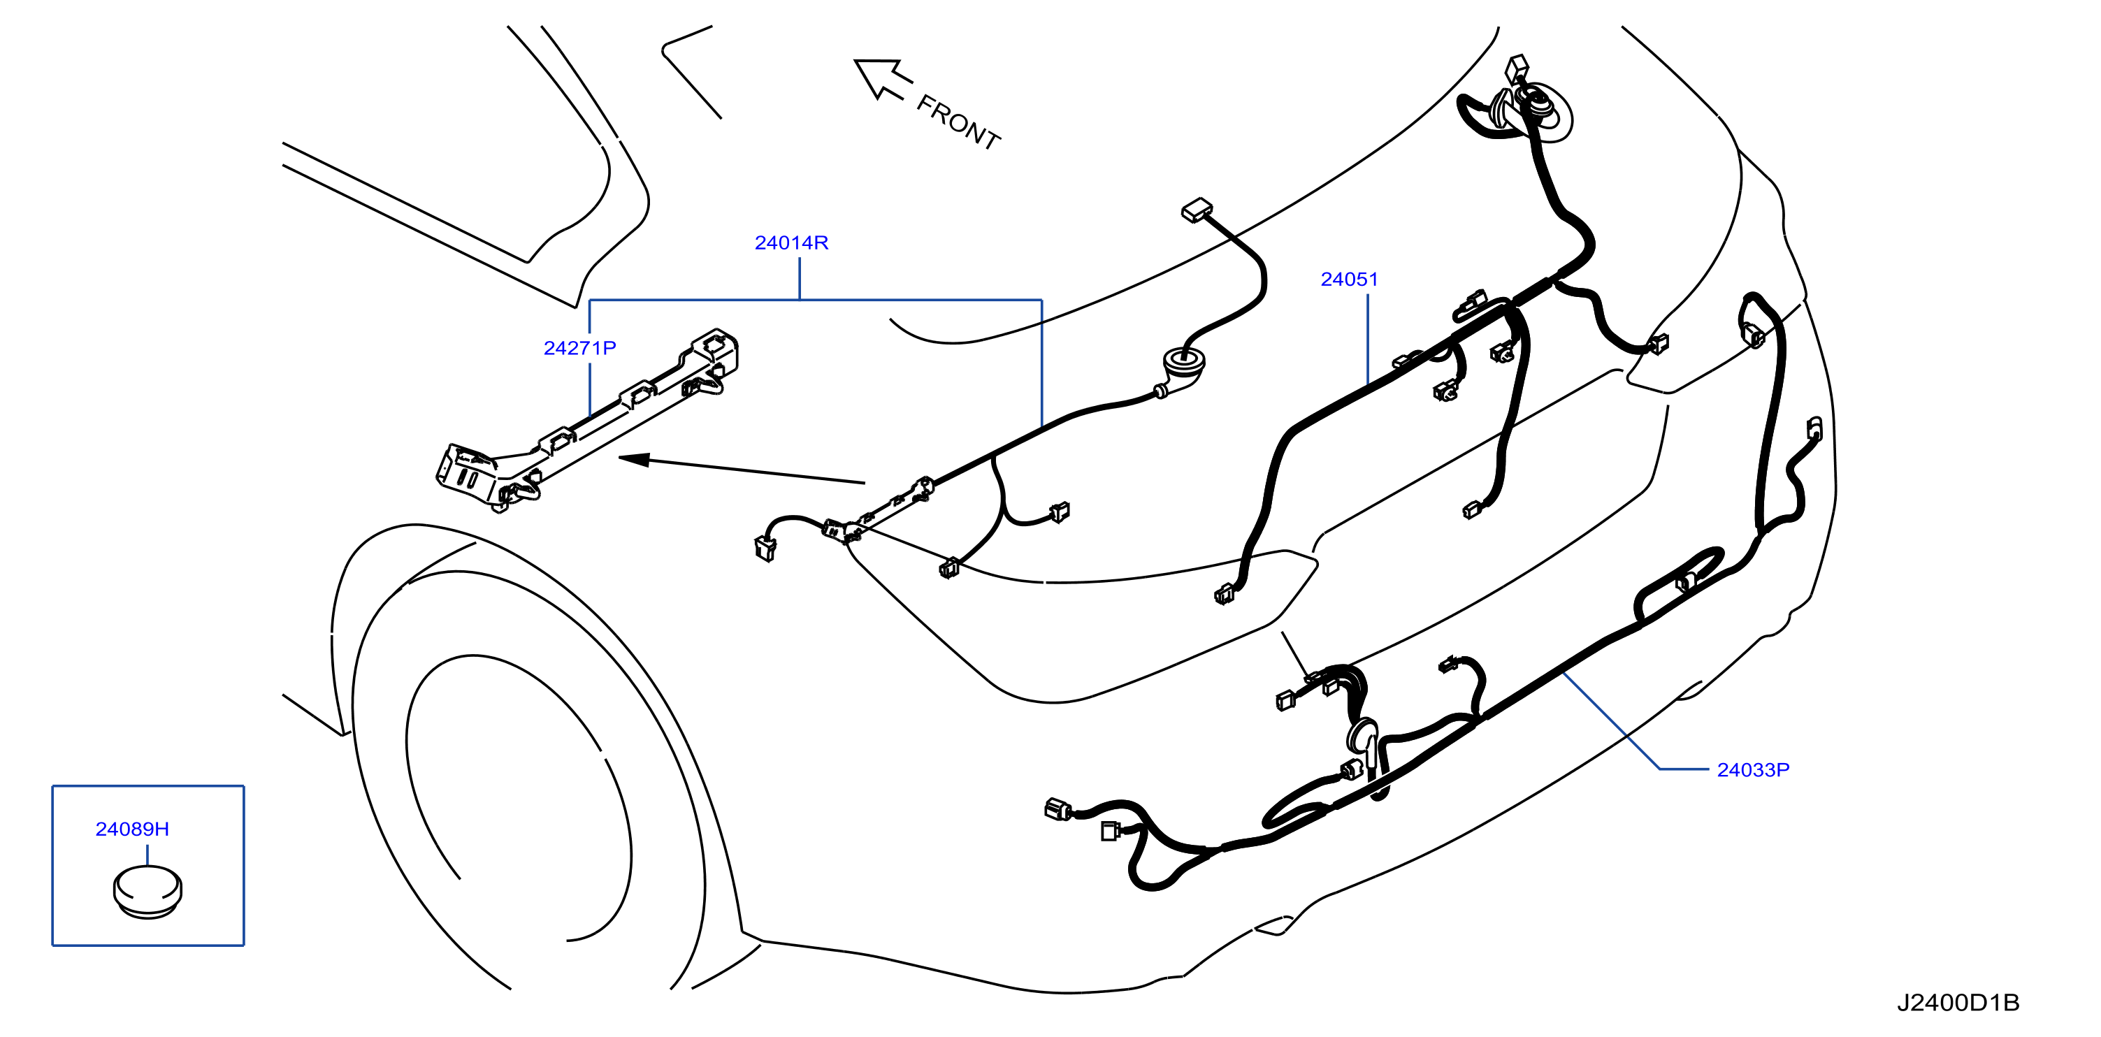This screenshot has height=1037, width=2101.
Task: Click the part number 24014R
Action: click(791, 243)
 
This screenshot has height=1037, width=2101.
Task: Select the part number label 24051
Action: click(1349, 280)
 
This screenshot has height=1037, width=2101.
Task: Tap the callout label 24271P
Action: click(580, 348)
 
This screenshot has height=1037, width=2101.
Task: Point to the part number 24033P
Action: click(1753, 769)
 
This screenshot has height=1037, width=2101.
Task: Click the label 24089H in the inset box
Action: click(132, 829)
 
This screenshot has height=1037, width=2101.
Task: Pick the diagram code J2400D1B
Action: click(1958, 1003)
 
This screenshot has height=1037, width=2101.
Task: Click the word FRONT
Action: click(958, 122)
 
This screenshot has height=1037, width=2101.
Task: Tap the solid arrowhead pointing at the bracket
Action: click(635, 460)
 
